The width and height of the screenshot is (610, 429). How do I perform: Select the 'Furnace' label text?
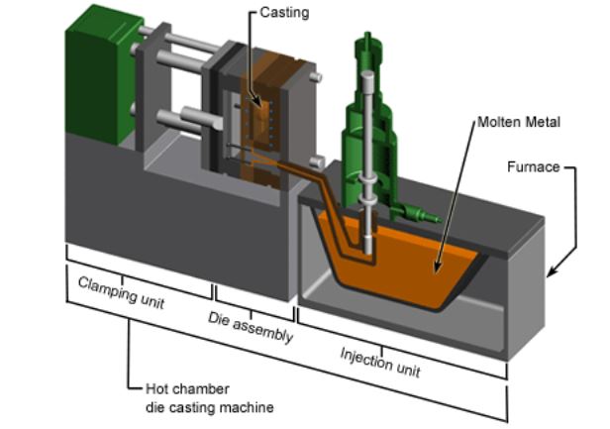pyautogui.click(x=536, y=169)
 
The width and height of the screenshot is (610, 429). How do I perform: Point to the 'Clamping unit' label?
pyautogui.click(x=122, y=289)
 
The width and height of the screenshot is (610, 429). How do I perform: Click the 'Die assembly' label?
pyautogui.click(x=251, y=326)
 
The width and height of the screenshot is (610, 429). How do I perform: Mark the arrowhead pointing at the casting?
pyautogui.click(x=256, y=105)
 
